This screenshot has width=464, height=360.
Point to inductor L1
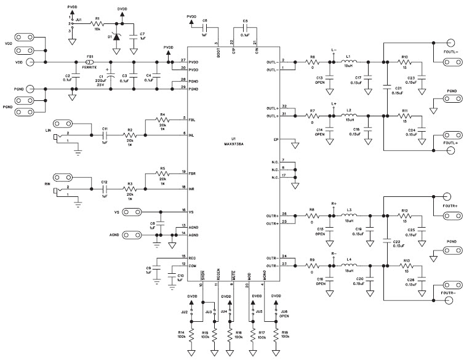(x=348, y=62)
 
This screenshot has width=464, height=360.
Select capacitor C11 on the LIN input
(x=105, y=134)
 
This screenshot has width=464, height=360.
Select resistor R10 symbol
(x=405, y=62)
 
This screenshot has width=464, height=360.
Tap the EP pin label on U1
(x=278, y=140)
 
